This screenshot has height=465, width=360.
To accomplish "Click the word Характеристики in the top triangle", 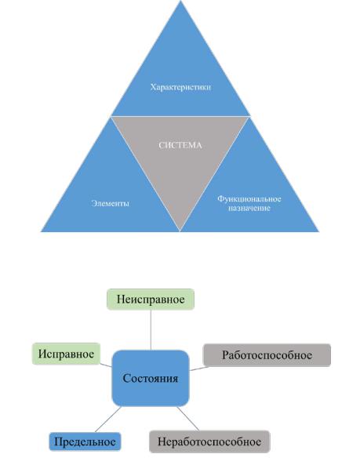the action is click(x=180, y=87).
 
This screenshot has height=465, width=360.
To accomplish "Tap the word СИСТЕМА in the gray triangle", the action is click(x=180, y=145).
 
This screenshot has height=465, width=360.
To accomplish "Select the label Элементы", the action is click(x=110, y=203).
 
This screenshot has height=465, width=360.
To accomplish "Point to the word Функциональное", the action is click(x=249, y=198).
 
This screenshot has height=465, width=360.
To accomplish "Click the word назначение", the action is click(x=249, y=208).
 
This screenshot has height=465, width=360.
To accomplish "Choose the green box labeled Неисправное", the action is click(x=151, y=300).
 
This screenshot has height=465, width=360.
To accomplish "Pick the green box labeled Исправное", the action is click(x=66, y=354).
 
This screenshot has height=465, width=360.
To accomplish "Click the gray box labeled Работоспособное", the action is click(x=267, y=355).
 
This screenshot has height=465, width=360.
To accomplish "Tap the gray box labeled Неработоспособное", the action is click(x=209, y=441).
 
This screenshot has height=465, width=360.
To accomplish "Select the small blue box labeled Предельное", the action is click(x=85, y=441).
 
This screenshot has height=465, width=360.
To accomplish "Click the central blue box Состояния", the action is click(x=151, y=378).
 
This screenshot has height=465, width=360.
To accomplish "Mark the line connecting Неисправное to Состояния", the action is click(x=151, y=330).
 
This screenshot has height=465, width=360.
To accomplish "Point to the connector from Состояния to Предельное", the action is click(x=108, y=420).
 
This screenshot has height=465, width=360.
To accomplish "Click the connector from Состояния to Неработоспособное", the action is click(x=188, y=419).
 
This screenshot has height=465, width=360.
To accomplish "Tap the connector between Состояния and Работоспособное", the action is click(x=198, y=369).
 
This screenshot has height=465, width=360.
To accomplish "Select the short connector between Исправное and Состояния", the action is click(x=106, y=365).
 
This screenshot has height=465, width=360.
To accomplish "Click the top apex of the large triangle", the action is click(x=180, y=1).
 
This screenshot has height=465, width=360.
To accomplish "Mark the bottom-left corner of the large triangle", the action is click(x=42, y=231).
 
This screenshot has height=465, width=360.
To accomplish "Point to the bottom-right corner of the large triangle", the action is click(x=318, y=231).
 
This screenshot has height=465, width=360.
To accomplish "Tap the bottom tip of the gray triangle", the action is click(x=180, y=231).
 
